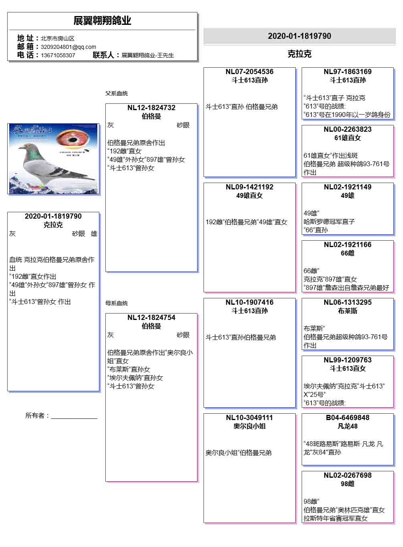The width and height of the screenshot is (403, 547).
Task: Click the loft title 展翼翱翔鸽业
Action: pyautogui.click(x=102, y=20)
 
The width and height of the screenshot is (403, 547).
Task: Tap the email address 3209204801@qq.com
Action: pyautogui.click(x=68, y=47)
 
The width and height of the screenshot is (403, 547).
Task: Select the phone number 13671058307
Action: pyautogui.click(x=58, y=55)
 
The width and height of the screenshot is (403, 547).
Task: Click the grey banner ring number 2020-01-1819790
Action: pyautogui.click(x=299, y=36)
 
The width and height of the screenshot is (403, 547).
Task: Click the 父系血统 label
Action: pyautogui.click(x=117, y=93)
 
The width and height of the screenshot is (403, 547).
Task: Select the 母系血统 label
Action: pyautogui.click(x=117, y=303)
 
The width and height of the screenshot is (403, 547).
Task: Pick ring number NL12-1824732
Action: pyautogui.click(x=151, y=108)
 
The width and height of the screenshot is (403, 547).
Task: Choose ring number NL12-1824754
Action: pyautogui.click(x=151, y=318)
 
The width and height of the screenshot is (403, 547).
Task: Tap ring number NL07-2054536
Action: pyautogui.click(x=249, y=72)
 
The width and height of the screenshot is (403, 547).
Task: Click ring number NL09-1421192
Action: pyautogui.click(x=249, y=187)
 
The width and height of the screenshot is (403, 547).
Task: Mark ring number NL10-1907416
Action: pyautogui.click(x=249, y=302)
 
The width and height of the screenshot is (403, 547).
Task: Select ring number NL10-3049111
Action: pyautogui.click(x=249, y=418)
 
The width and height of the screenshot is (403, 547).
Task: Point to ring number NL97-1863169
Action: pyautogui.click(x=347, y=72)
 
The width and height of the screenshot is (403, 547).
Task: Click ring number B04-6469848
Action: pyautogui.click(x=347, y=418)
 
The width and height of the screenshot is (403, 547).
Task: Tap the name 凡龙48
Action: pyautogui.click(x=347, y=426)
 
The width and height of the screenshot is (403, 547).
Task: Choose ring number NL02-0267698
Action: pyautogui.click(x=347, y=475)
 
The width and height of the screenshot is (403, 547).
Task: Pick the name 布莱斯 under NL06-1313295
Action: pyautogui.click(x=347, y=311)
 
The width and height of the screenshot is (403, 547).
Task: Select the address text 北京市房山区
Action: pyautogui.click(x=57, y=38)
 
